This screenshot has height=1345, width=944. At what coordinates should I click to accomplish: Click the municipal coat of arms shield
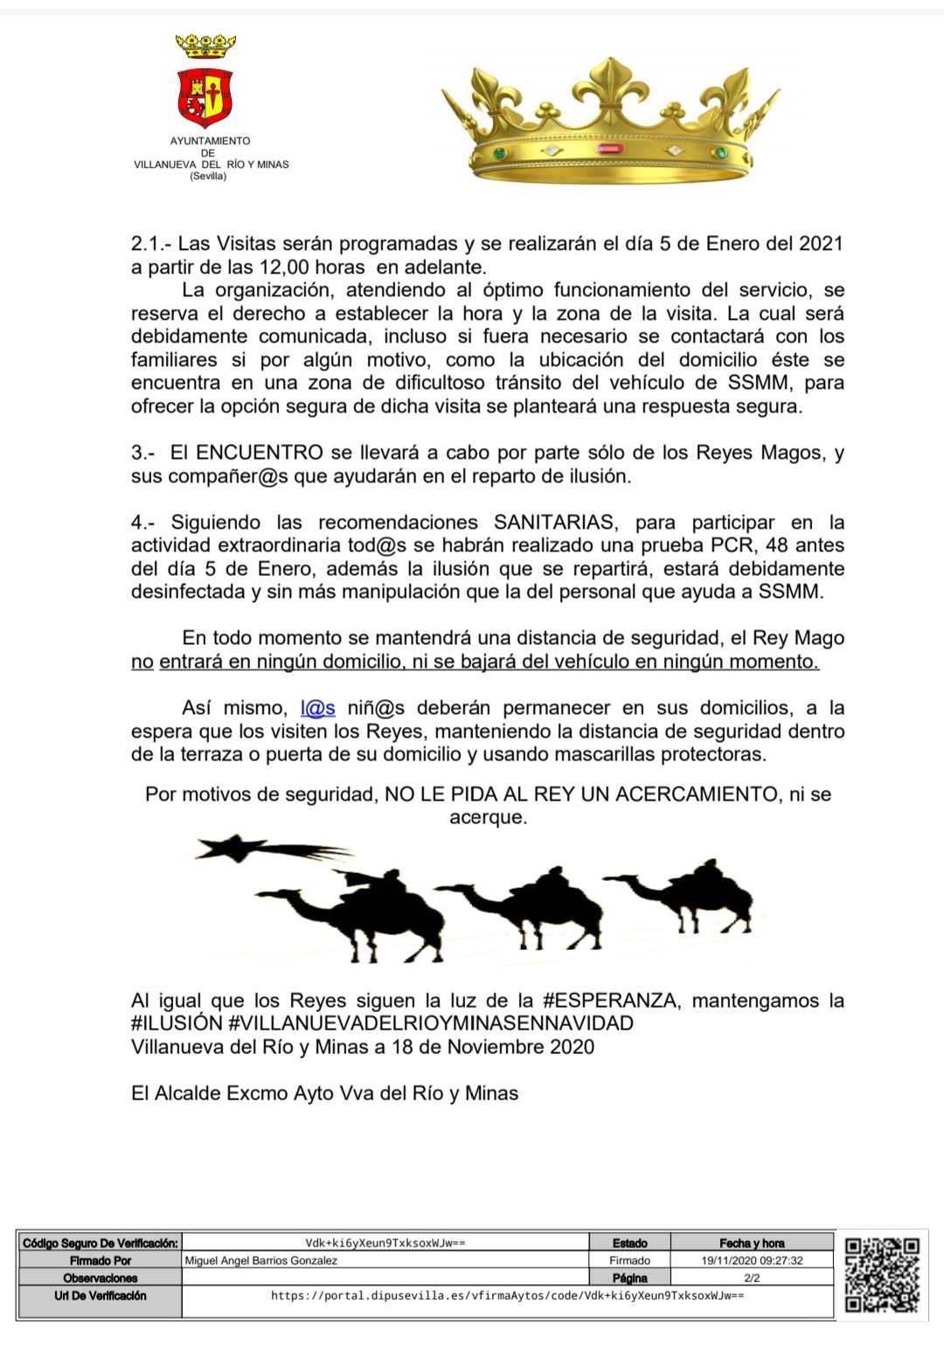(x=205, y=97)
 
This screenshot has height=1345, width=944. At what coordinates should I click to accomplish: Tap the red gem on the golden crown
(x=607, y=149)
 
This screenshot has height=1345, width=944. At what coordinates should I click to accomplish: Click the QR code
(x=881, y=1275)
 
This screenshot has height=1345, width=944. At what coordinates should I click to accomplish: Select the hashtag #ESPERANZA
(x=609, y=1001)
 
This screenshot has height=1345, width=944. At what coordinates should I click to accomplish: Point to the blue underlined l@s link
(x=317, y=708)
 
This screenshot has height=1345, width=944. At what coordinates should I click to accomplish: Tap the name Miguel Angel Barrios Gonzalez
(x=261, y=1261)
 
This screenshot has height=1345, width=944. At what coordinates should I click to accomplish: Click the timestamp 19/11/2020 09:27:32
(x=752, y=1261)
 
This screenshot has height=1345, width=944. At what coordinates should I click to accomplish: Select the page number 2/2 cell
(x=752, y=1278)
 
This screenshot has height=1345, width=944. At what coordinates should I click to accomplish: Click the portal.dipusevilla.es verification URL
(x=507, y=1295)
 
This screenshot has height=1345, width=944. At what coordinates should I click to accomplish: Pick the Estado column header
(x=629, y=1243)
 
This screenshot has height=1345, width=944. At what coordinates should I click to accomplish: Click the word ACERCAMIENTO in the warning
(x=697, y=794)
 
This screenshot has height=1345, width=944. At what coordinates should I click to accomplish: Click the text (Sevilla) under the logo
(x=208, y=176)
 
